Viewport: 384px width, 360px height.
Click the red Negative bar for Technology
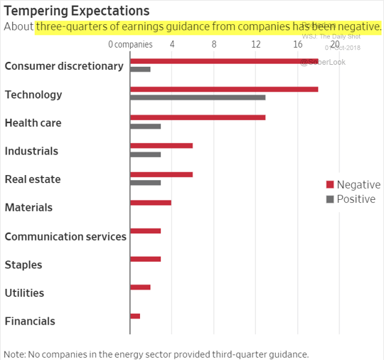point(224,89)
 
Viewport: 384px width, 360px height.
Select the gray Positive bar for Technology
point(198,97)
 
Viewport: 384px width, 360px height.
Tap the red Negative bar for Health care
point(198,117)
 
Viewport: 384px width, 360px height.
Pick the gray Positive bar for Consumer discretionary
point(140,69)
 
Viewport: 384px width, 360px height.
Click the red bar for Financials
point(135,316)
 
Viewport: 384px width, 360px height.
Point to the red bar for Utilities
point(140,287)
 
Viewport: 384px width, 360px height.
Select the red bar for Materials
point(151,203)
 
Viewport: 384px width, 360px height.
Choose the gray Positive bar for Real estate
point(146,183)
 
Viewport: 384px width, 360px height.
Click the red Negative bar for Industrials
point(161,146)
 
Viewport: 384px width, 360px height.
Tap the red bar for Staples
point(146,259)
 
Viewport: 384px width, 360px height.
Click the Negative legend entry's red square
point(329,185)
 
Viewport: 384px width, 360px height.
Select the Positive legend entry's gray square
point(329,199)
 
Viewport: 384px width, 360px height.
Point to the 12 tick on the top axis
point(255,44)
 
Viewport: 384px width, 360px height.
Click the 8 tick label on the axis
point(214,44)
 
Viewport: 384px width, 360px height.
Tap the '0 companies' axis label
point(131,44)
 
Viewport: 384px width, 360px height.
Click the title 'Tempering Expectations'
point(77,11)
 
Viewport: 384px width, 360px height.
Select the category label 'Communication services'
point(65,236)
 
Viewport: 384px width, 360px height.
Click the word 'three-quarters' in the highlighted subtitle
point(70,27)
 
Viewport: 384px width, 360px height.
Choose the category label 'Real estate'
point(33,179)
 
